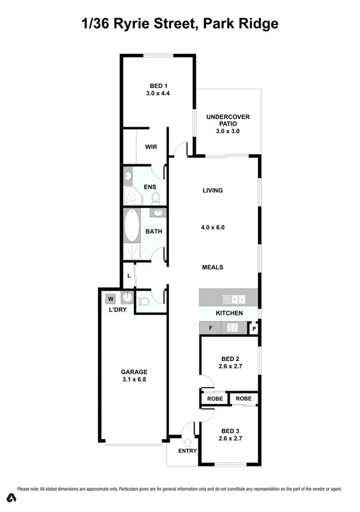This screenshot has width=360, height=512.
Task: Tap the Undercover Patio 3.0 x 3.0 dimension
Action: [x=228, y=131]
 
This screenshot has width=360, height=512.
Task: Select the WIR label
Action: [x=151, y=147]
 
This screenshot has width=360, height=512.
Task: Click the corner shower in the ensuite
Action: [x=132, y=195]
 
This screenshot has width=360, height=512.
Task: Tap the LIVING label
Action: [x=212, y=190]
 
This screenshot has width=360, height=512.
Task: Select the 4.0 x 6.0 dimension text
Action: [x=213, y=228]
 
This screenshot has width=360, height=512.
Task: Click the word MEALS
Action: [x=213, y=267]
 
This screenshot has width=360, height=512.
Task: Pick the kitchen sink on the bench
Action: [x=233, y=298]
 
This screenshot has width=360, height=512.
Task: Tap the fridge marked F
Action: [x=210, y=328]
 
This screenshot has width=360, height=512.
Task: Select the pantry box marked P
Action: [x=255, y=329]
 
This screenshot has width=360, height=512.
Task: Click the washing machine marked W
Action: [x=110, y=298]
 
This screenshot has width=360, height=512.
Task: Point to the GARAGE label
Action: [x=134, y=372]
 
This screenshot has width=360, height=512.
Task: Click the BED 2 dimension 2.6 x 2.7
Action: [x=230, y=366]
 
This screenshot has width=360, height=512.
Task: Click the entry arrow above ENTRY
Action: [x=187, y=442]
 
